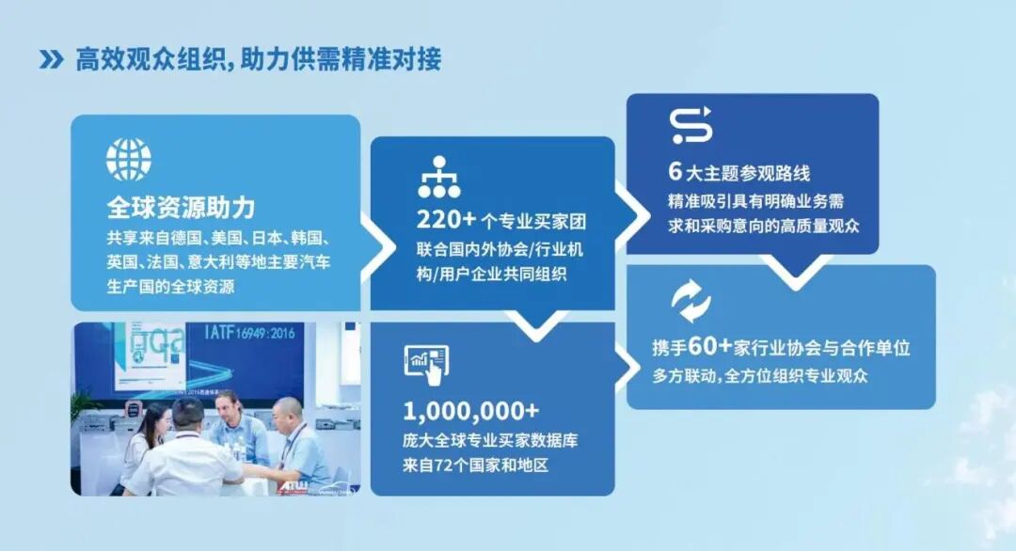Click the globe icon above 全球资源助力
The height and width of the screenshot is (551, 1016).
(128, 159)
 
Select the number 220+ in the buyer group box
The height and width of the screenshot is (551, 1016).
(446, 221)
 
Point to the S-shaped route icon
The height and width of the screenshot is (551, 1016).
(691, 126)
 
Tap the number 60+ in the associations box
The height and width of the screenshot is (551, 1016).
(709, 347)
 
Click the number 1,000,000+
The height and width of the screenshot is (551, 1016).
(471, 411)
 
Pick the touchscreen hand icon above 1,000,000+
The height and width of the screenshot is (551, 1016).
(426, 363)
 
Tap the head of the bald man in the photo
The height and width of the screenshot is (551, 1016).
(288, 411)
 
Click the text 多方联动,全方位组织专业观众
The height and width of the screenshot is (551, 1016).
(759, 375)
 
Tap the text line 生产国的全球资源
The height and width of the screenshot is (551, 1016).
(170, 288)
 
